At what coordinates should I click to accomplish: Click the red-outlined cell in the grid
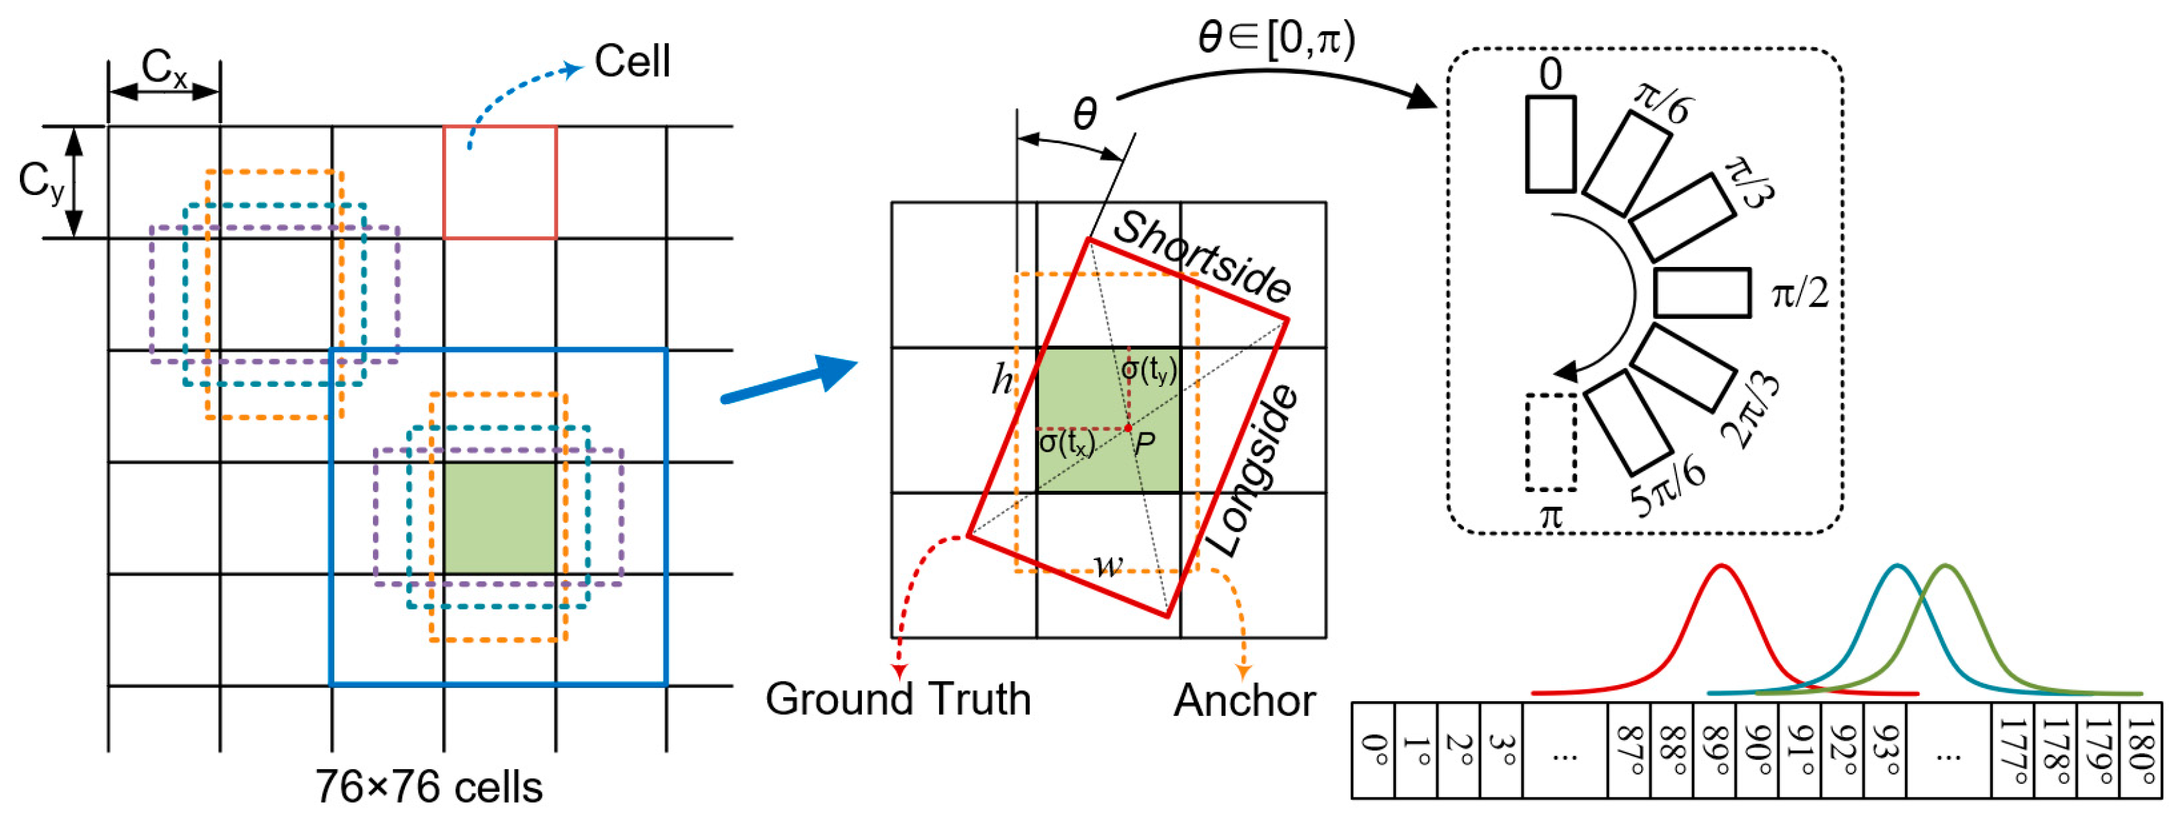click(x=500, y=182)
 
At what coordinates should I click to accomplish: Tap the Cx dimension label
click(x=164, y=67)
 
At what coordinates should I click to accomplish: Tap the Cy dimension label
click(x=40, y=182)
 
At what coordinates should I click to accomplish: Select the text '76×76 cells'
click(x=429, y=787)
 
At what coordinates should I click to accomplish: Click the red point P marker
click(x=1128, y=429)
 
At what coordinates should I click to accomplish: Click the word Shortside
click(x=1201, y=257)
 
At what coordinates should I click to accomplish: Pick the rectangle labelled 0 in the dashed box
click(x=1551, y=144)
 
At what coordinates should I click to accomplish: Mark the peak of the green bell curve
click(x=1945, y=566)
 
